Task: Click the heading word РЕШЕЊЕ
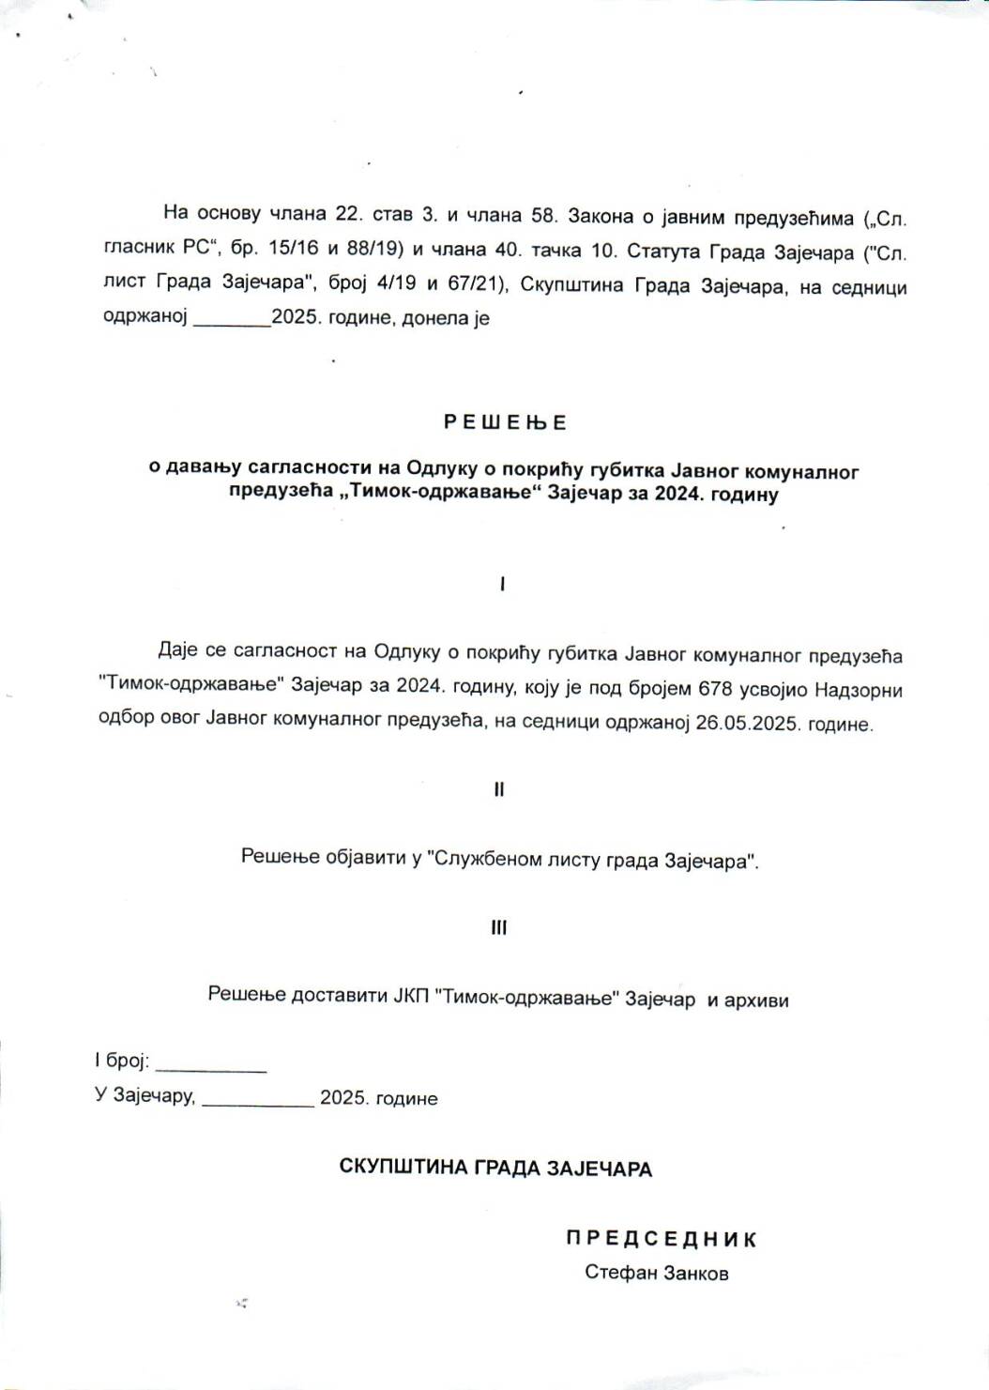505,422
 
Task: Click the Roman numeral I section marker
502,585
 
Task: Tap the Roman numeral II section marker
499,789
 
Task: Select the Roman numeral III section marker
499,928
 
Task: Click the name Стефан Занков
656,1273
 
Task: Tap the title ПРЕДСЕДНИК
661,1239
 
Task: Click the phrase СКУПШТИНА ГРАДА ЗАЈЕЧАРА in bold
495,1169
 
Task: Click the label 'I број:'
122,1062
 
